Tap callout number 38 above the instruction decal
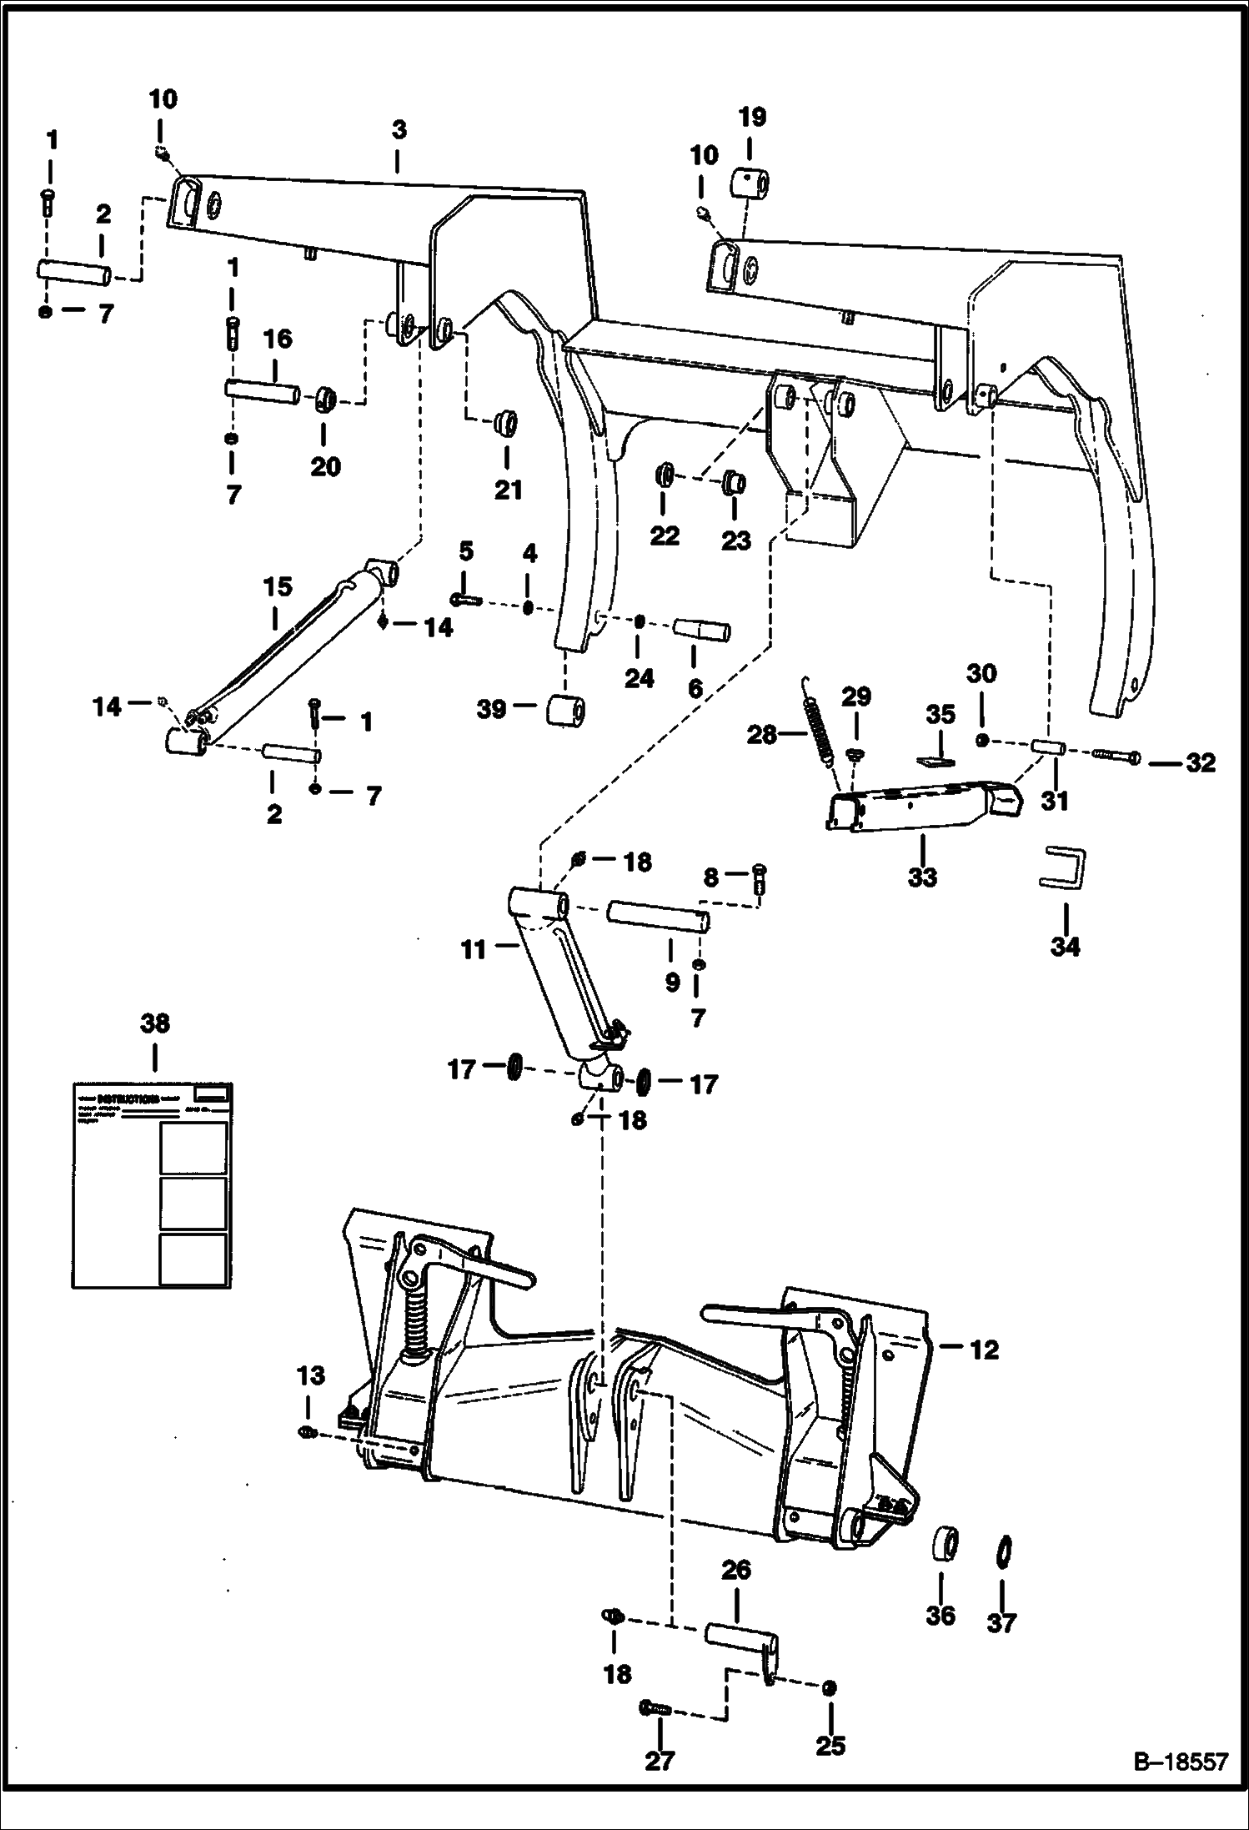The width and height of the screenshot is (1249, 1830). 156,1023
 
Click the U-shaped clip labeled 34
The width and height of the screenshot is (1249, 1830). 1066,871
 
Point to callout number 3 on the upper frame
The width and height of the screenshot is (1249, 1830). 399,131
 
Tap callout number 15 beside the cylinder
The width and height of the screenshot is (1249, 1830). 278,587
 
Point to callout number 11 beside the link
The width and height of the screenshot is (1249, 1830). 474,949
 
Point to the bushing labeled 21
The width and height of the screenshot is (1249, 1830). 504,423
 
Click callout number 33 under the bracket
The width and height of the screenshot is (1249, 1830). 923,877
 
